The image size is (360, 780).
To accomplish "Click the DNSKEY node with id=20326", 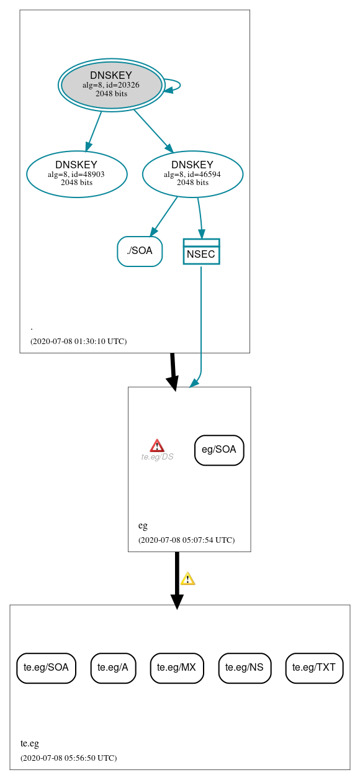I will point(111,84).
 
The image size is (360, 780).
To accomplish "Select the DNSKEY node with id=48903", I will point(76,174).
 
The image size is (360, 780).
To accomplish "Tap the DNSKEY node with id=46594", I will point(192,174).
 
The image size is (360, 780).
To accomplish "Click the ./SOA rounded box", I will point(140,251).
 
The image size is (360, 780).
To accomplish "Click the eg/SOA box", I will point(219,450).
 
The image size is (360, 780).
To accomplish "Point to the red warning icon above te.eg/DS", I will point(157,445).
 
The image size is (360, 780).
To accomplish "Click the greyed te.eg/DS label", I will point(157,457).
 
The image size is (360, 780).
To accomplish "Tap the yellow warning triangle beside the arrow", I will point(187,579).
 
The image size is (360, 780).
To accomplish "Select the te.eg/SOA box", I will point(46,668).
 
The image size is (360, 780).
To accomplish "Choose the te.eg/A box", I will point(113,668).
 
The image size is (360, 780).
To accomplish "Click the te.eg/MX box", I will point(177,668).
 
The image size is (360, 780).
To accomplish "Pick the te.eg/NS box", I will point(245,668).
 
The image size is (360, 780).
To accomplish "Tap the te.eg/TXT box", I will point(314,668).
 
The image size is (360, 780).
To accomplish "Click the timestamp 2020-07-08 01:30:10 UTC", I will point(78,342).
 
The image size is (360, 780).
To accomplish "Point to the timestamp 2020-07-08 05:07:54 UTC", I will point(186,540).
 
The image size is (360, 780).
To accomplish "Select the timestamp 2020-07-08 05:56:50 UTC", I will point(68,758).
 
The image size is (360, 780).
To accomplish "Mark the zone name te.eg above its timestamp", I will point(30,743).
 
